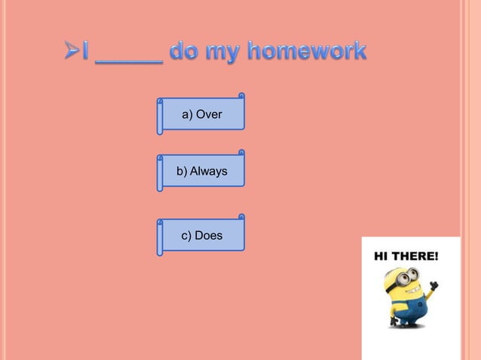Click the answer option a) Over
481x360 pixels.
[202, 114]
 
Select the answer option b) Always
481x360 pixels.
[202, 172]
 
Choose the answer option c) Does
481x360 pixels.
[202, 236]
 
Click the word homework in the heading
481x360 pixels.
[307, 53]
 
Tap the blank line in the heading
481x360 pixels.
[128, 60]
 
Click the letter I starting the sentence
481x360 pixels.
[87, 53]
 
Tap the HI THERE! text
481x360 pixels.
[406, 256]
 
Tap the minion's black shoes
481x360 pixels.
[406, 325]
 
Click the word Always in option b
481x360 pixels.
[208, 172]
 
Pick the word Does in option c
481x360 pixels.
[208, 236]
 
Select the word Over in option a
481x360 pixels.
[208, 114]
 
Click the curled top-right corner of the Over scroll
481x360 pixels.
[241, 96]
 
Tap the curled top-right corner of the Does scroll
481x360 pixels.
[241, 217]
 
